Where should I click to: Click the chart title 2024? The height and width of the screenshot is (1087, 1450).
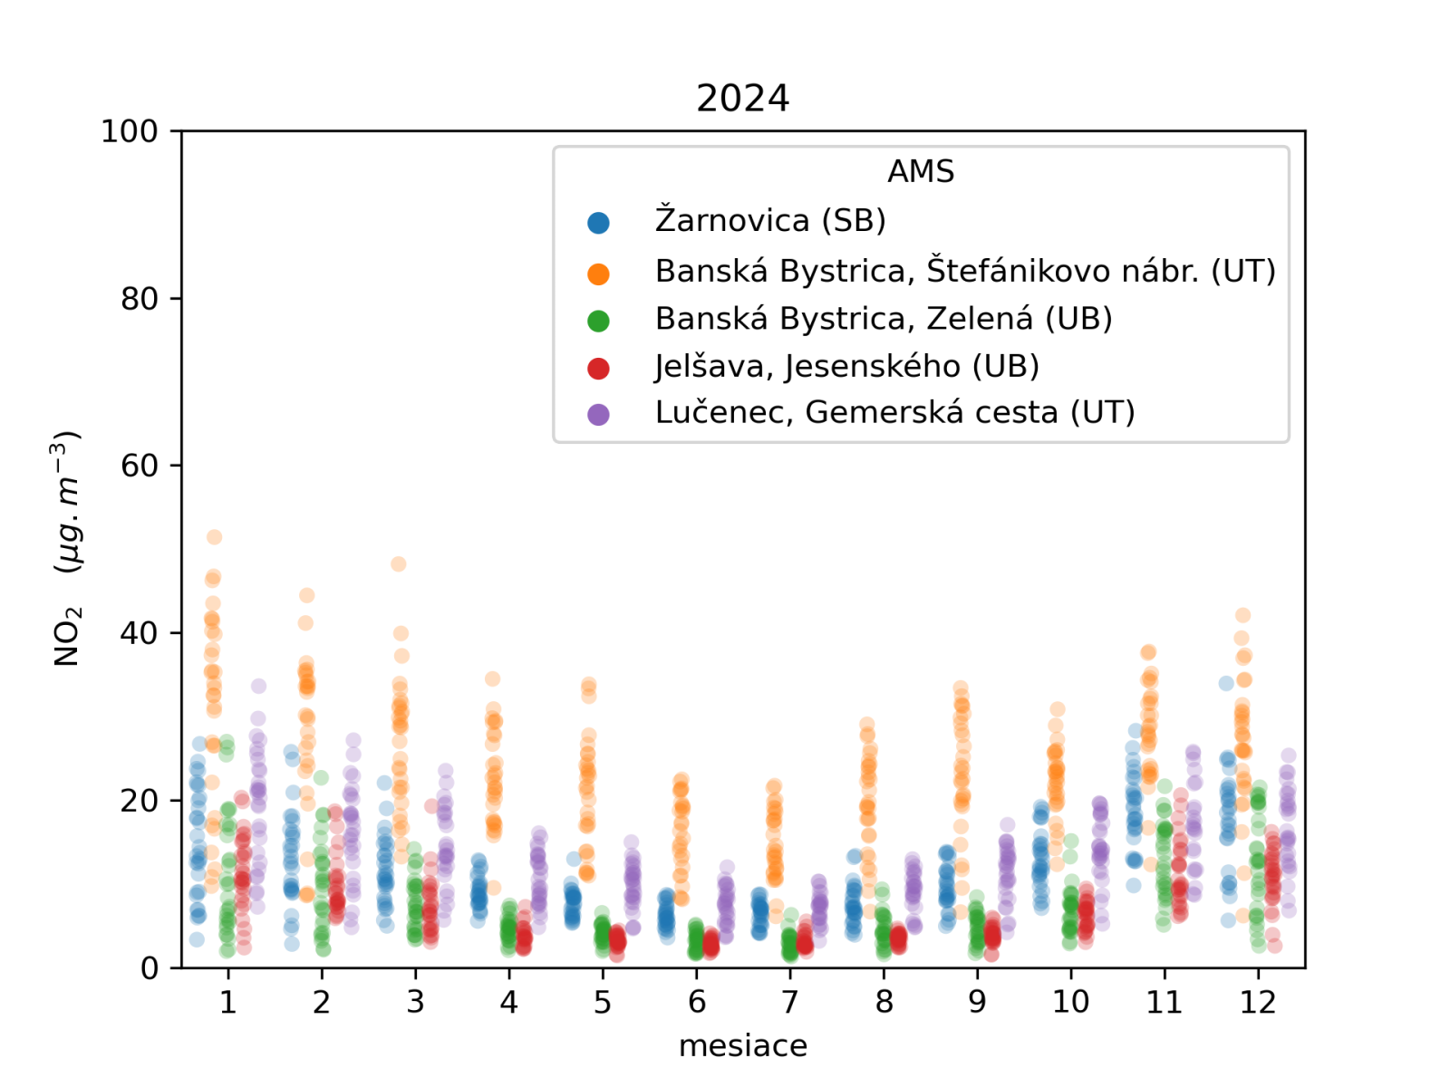click(x=742, y=98)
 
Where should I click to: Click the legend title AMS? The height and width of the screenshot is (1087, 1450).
click(x=920, y=171)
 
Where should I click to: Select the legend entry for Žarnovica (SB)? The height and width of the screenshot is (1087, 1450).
click(x=770, y=220)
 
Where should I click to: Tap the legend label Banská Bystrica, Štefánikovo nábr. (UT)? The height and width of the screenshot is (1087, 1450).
click(x=965, y=271)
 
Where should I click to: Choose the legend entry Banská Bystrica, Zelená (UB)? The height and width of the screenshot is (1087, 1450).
click(x=884, y=319)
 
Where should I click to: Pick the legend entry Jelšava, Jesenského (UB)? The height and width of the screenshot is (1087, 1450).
click(x=846, y=366)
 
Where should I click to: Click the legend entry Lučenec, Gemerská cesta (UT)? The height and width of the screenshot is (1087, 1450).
click(x=894, y=413)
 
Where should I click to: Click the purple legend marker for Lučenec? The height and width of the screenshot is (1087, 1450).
click(x=598, y=414)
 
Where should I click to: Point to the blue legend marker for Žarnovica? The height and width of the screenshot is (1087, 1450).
click(x=598, y=222)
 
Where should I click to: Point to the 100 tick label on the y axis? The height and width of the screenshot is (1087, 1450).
click(x=129, y=131)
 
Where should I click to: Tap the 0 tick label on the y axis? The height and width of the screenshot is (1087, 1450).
click(x=149, y=968)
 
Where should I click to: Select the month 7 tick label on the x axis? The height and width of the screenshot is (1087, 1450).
click(x=790, y=1002)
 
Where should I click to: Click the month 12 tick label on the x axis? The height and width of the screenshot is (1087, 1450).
click(x=1258, y=1002)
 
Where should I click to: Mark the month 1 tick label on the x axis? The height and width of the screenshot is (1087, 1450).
click(x=228, y=1002)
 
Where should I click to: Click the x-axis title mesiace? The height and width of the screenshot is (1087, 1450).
click(x=742, y=1045)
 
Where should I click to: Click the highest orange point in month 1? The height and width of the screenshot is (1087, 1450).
click(x=214, y=537)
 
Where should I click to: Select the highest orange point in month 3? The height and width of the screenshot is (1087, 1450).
click(x=398, y=564)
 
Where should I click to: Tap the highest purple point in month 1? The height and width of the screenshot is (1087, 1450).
click(x=258, y=687)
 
